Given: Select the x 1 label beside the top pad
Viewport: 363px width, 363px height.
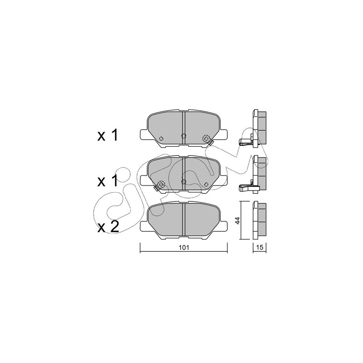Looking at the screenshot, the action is (108, 135).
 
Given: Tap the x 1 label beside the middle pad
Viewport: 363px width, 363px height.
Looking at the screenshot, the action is (108, 181).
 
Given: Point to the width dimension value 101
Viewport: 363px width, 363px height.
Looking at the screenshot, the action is (184, 247).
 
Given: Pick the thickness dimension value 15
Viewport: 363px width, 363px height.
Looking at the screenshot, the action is (260, 247).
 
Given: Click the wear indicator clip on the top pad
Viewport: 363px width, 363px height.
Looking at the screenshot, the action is (210, 142).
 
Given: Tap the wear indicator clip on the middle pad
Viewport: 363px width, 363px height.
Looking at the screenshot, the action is (156, 188).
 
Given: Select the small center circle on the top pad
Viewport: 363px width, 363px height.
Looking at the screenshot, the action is (183, 136).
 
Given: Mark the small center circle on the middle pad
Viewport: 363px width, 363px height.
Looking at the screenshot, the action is (183, 181).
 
